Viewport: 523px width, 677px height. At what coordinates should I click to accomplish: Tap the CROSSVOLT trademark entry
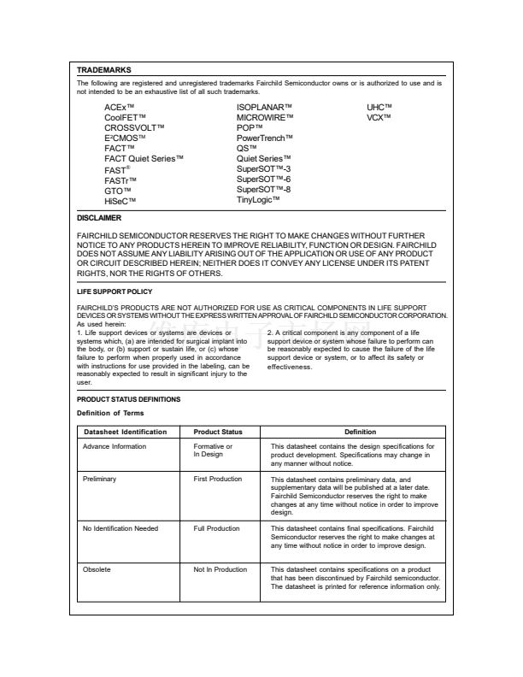point(134,127)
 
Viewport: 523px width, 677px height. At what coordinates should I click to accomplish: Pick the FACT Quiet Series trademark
point(144,159)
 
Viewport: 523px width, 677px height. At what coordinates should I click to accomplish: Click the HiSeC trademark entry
point(120,202)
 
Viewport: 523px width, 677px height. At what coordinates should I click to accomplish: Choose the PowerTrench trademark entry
point(265,138)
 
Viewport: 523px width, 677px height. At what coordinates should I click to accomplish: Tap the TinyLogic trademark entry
point(261,201)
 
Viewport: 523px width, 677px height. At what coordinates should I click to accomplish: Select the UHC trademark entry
point(379,106)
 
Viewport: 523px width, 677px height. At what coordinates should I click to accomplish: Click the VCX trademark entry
point(379,116)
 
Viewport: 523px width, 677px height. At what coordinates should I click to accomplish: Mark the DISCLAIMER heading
point(98,219)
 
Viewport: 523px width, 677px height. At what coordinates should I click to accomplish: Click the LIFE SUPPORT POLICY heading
point(115,292)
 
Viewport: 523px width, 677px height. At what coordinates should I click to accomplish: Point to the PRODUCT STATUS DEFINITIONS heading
point(128,399)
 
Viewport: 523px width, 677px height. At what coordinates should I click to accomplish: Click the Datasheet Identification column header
point(125,432)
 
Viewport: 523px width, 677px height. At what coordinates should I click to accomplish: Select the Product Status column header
point(218,432)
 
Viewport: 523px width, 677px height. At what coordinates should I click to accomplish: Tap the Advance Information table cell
point(115,446)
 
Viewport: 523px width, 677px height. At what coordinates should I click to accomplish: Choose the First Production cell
point(218,480)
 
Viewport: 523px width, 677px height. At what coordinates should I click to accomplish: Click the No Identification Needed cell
point(120,528)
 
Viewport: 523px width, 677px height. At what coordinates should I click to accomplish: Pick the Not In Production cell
point(220,569)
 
